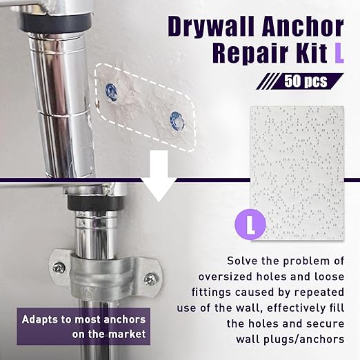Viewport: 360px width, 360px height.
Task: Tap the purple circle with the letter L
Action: click(250, 224)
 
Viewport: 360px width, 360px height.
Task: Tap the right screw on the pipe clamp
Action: click(152, 279)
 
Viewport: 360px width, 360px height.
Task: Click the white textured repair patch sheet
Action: click(297, 172)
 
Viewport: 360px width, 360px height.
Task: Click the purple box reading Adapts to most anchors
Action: click(83, 327)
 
